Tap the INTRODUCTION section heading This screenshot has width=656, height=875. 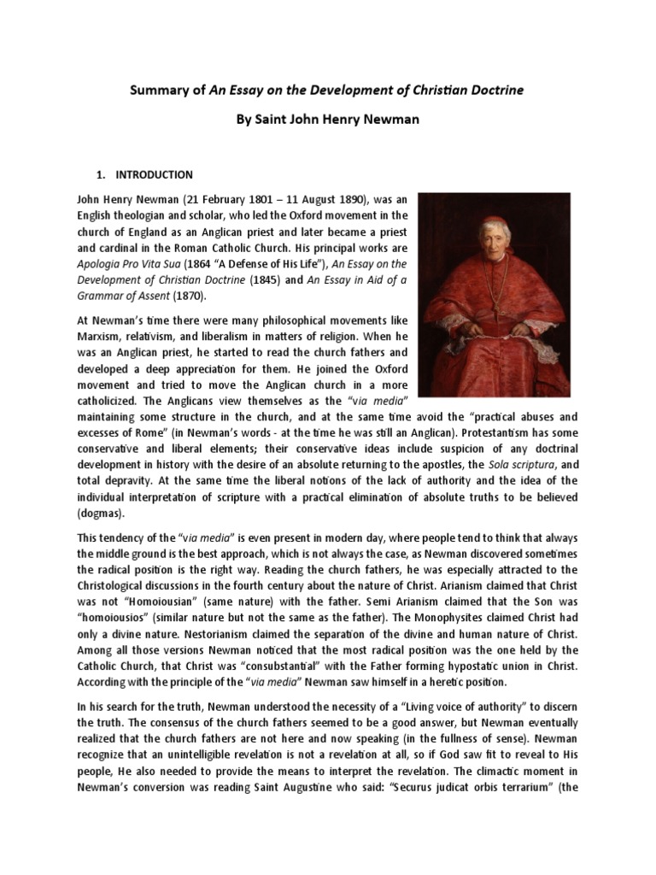click(155, 174)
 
